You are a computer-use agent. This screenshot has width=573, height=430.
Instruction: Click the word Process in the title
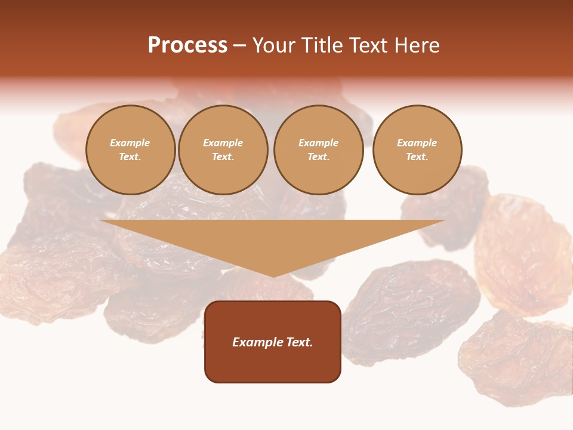point(187,45)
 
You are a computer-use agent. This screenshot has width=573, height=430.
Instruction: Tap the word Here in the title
point(418,45)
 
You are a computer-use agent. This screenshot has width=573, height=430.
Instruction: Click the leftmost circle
point(130,150)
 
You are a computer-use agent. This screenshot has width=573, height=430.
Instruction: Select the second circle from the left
point(223,150)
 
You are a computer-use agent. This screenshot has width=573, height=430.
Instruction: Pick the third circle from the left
point(318,150)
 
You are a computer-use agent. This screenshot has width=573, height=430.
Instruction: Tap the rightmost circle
point(417,150)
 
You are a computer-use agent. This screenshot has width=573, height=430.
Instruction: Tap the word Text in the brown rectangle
point(299,342)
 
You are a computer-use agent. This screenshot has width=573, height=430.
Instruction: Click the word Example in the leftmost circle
point(130,143)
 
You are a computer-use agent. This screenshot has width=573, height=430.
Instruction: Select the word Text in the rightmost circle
point(417,157)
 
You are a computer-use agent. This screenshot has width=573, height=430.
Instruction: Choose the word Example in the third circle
point(318,143)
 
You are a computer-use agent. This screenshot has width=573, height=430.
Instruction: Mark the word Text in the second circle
point(223,157)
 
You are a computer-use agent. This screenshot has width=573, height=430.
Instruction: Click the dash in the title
point(239,45)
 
